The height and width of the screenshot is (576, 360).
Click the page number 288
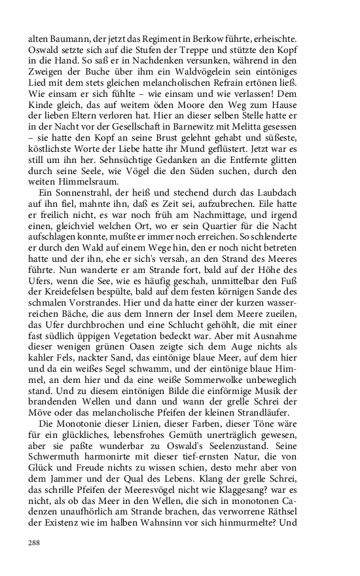pyautogui.click(x=34, y=543)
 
